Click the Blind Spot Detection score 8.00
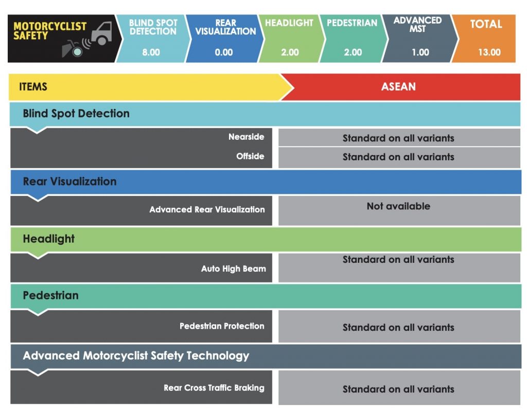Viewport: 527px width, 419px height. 151,52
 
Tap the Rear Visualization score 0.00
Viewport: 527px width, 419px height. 224,52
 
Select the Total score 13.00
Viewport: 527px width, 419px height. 489,52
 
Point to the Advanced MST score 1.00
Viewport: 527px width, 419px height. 420,52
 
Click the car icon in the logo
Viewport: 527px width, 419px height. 101,33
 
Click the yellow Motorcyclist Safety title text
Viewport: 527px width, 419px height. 50,30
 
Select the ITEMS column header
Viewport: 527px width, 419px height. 33,87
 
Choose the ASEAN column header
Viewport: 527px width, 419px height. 398,87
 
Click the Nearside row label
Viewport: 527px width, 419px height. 247,137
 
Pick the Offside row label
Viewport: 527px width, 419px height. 250,156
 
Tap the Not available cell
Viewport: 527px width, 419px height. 398,206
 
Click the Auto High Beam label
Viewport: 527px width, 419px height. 233,269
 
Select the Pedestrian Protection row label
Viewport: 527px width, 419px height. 222,326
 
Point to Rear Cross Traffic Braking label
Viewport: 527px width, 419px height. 214,388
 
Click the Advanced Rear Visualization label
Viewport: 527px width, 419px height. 207,209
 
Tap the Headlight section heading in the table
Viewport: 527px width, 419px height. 49,239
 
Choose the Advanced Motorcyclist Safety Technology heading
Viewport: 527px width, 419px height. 136,356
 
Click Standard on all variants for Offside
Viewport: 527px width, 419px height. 398,157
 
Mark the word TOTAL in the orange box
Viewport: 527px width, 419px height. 486,24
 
